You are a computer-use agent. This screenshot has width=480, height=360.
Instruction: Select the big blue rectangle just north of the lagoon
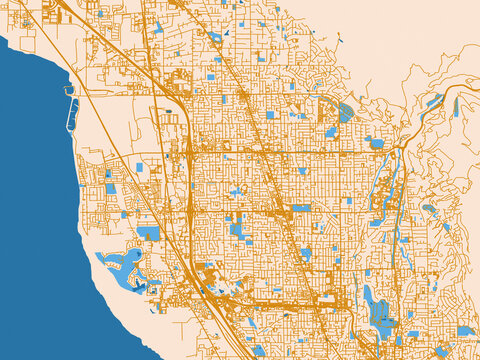coord(148,233)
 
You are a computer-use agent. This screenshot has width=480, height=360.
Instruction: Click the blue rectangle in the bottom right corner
coord(465,331)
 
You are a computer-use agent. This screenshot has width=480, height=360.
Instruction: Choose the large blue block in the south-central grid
coord(238,228)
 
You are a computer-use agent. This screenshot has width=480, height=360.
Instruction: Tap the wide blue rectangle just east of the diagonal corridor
coord(301,208)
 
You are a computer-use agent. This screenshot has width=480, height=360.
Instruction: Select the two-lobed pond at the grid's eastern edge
coord(374,142)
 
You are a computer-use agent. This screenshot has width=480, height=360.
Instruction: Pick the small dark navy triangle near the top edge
coord(227,31)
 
